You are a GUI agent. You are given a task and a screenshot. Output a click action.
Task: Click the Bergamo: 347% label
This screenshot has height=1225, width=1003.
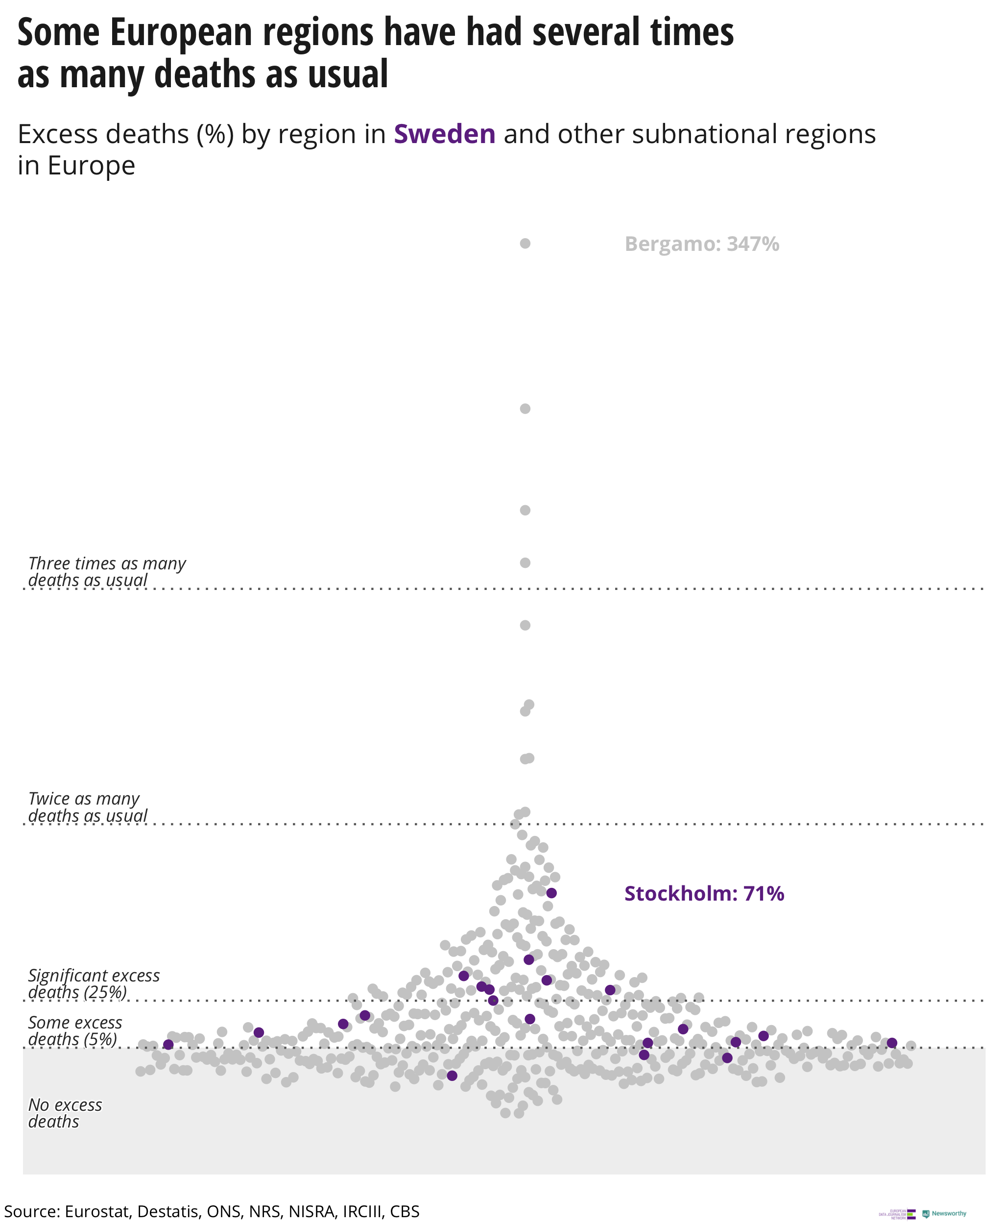point(701,244)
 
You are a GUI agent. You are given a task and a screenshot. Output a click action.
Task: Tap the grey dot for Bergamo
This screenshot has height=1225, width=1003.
point(525,244)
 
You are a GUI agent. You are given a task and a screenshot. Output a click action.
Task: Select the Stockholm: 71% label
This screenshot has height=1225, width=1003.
point(704,894)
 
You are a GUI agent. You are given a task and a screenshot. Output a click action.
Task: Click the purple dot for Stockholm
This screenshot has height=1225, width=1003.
point(551,893)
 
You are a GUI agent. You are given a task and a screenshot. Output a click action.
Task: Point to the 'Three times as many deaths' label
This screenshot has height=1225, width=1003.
point(107,571)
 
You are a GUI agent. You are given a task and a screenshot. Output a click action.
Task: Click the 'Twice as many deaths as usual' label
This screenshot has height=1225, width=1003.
point(87,807)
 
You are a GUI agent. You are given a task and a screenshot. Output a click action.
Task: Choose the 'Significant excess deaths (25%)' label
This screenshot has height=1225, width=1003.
point(94,983)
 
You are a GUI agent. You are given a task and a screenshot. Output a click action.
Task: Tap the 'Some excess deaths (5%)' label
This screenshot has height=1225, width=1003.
point(75,1031)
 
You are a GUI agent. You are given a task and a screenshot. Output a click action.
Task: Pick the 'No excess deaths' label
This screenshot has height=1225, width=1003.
point(65,1113)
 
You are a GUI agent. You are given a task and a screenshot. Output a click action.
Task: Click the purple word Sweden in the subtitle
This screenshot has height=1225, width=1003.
point(444,134)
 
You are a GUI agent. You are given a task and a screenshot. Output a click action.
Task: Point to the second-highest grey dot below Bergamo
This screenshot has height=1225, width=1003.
point(525,409)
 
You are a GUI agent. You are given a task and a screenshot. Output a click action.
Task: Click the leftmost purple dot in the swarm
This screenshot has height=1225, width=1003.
point(168,1044)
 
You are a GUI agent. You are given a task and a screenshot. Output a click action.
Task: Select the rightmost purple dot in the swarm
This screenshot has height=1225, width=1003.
point(891,1042)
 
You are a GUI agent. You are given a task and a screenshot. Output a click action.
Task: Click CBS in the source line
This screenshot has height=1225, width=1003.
point(405,1211)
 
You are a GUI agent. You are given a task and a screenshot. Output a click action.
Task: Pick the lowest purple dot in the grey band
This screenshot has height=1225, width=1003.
point(452,1075)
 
